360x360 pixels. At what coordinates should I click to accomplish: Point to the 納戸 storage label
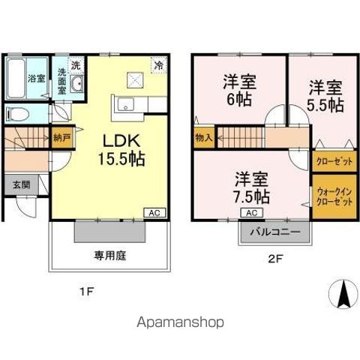[x=61, y=137]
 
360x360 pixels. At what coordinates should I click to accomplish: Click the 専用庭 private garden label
[x=109, y=255]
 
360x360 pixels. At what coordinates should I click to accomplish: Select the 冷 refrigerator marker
[x=158, y=64]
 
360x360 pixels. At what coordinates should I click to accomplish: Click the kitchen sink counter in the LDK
[x=124, y=105]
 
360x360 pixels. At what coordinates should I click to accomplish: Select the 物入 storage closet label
[x=203, y=138]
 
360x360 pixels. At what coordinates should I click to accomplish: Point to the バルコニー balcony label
[x=275, y=232]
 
